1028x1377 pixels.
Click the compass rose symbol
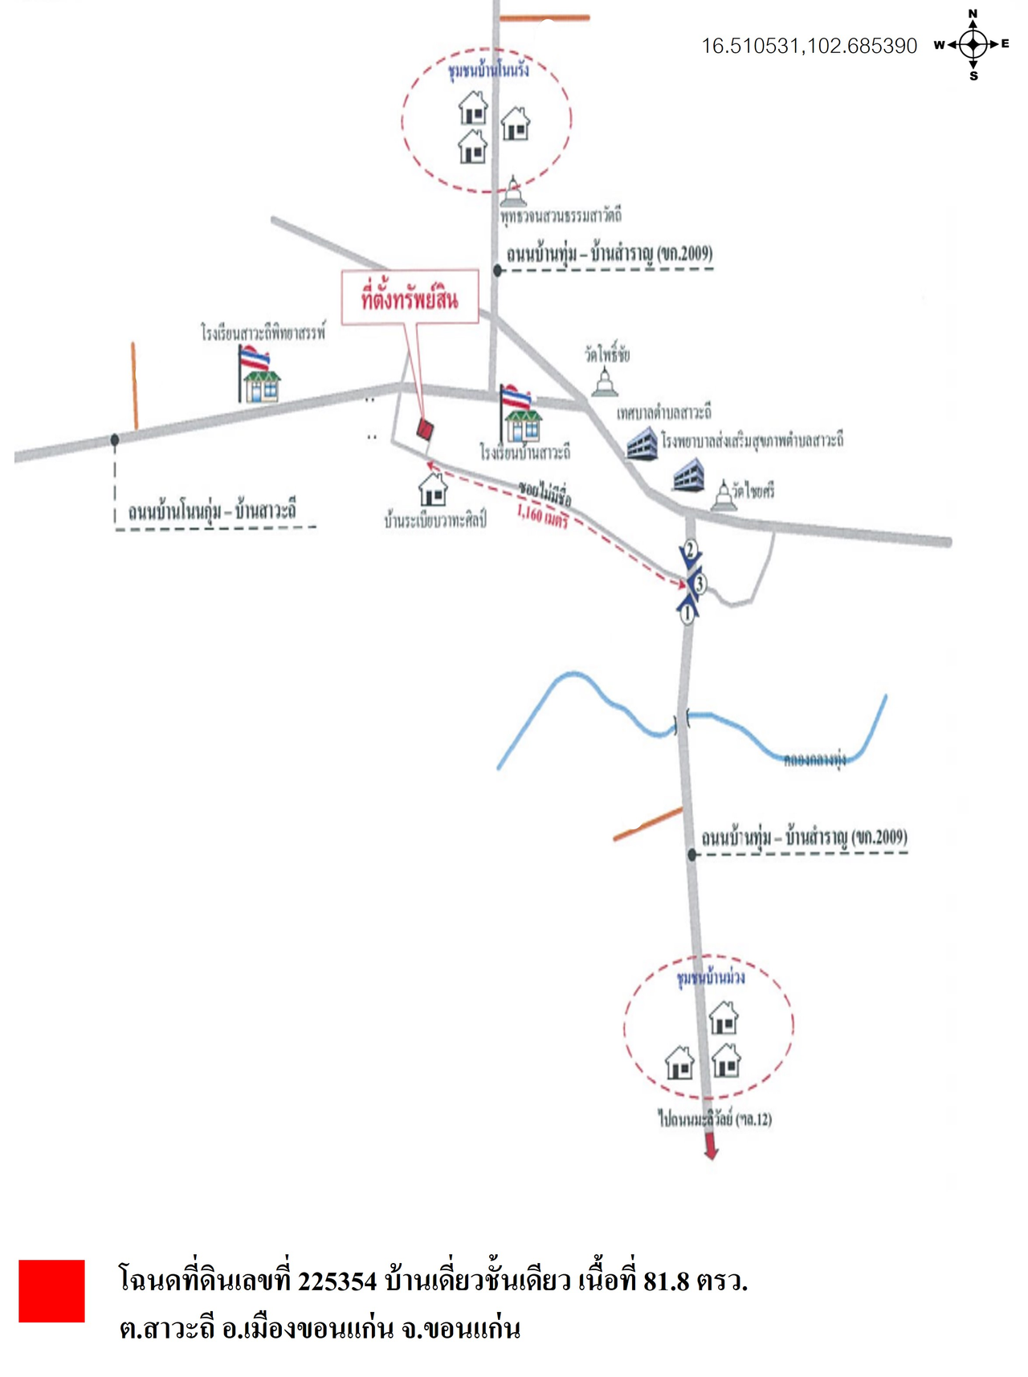[973, 45]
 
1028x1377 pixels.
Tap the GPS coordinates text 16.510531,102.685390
[809, 46]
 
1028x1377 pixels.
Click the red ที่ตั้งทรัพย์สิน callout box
[410, 299]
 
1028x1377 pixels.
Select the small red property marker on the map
[425, 430]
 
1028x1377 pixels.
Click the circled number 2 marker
[690, 550]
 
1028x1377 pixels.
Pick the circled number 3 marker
[700, 583]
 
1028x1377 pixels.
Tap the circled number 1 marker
[687, 615]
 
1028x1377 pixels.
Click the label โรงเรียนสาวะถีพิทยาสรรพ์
[263, 332]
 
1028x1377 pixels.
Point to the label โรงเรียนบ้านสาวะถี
[525, 453]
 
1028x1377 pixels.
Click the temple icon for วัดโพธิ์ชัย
[605, 381]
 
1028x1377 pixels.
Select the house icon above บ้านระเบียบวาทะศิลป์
[433, 489]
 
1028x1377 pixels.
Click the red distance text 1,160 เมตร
[542, 515]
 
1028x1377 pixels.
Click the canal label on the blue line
[814, 759]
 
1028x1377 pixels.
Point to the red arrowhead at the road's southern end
[711, 1150]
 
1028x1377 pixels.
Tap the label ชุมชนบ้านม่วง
[711, 977]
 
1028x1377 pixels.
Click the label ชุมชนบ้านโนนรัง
[488, 70]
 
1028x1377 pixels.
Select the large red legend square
[51, 1291]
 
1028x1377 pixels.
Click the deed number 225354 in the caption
[337, 1281]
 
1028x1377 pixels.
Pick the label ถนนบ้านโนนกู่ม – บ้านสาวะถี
[212, 511]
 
